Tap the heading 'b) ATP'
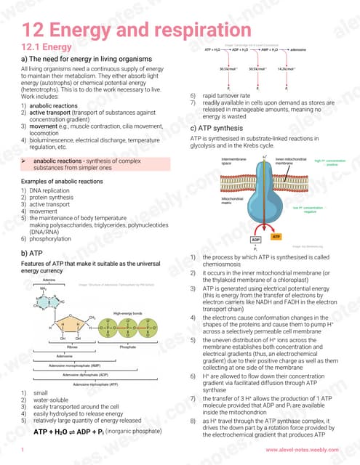tap(34, 253)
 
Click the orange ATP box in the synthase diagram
tap(276, 237)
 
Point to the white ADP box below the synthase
tap(256, 240)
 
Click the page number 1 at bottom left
tap(23, 451)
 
